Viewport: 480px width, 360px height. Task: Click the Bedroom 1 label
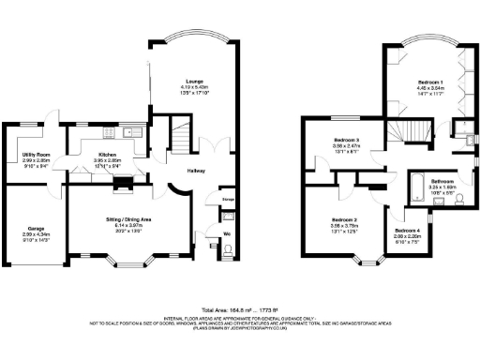coord(430,82)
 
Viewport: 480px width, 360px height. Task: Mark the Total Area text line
coord(239,309)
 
